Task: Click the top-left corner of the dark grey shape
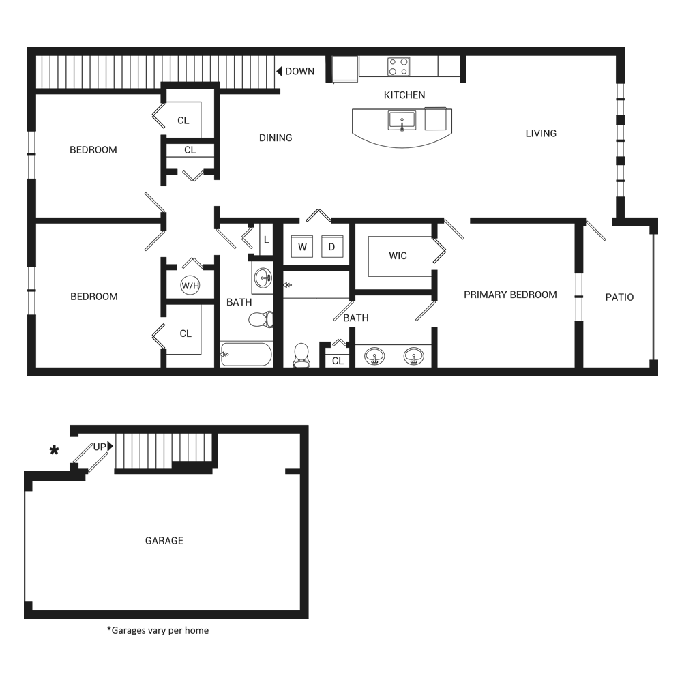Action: tap(24, 47)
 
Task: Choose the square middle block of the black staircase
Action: tap(425, 531)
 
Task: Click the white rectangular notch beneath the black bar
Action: tap(566, 566)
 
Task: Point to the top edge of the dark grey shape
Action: tap(341, 47)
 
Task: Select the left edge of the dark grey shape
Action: tap(24, 341)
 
